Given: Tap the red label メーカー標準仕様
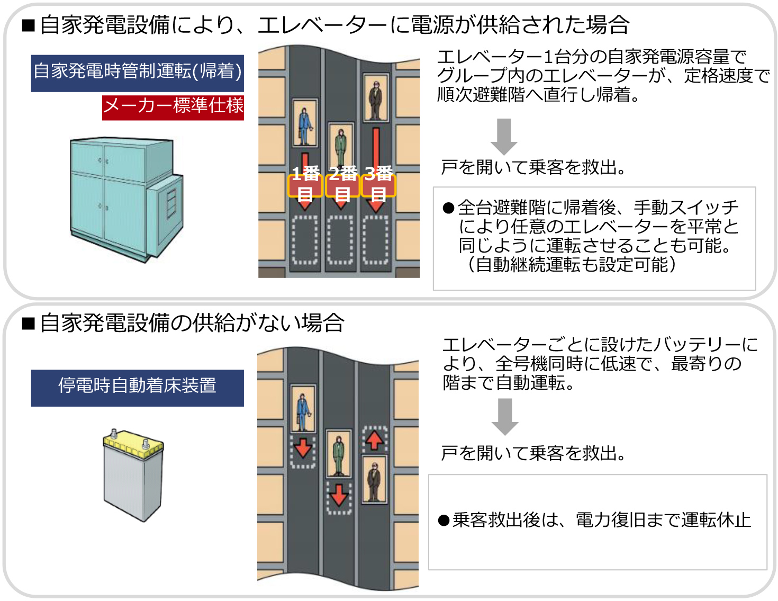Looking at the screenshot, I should (x=173, y=106).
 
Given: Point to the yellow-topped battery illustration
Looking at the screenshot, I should (x=133, y=474).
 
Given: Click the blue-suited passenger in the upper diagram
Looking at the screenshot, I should (x=305, y=125).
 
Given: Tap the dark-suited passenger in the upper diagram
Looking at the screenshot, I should (x=375, y=100).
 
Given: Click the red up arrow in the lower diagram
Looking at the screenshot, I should (x=375, y=440).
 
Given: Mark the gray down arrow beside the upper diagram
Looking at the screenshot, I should (x=503, y=136).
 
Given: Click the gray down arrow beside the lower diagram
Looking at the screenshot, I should (x=504, y=416).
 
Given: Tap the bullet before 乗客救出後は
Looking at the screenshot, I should (x=444, y=521).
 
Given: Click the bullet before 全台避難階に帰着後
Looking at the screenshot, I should (x=449, y=208).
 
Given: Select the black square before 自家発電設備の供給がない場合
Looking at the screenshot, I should (x=29, y=323).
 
